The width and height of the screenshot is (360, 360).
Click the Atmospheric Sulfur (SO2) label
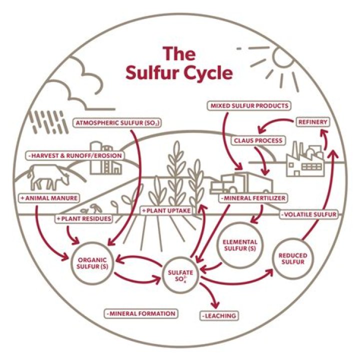[117, 123]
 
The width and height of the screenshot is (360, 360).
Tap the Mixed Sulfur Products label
[249, 106]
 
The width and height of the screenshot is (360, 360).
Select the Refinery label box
[312, 122]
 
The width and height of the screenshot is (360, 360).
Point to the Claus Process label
[258, 140]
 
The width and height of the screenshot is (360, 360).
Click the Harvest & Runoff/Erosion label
[75, 155]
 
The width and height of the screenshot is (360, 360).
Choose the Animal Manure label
[49, 198]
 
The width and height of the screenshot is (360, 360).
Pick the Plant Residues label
[84, 218]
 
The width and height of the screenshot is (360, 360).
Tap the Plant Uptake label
[166, 210]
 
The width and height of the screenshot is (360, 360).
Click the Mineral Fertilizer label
[253, 198]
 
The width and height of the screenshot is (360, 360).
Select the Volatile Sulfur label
[309, 214]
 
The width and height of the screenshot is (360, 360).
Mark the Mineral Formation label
[141, 313]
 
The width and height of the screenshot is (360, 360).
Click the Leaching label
[219, 315]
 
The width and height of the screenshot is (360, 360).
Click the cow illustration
[48, 178]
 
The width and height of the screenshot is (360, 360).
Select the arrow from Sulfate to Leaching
[210, 295]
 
